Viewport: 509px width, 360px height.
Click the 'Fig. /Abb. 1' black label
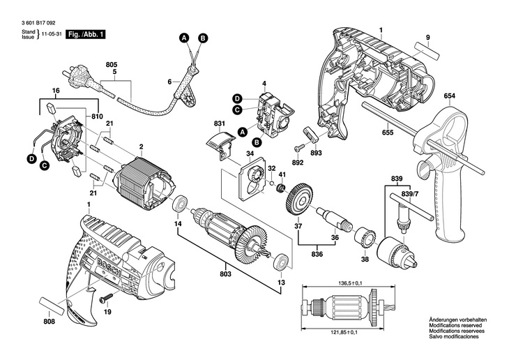(x=84, y=33)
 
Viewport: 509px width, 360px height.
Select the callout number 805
(x=112, y=64)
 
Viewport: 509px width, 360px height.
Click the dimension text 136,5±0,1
(x=355, y=283)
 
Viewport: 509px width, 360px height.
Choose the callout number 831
(x=220, y=123)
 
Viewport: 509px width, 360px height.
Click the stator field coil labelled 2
(x=144, y=183)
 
